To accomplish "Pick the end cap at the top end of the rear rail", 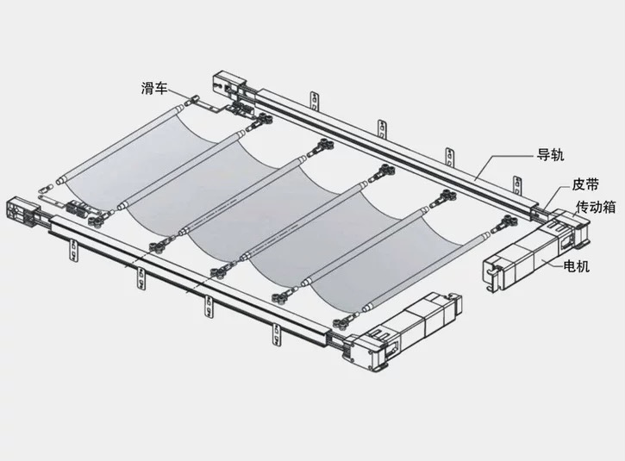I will (x=228, y=84).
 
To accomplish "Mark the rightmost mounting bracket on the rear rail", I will (x=518, y=186).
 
